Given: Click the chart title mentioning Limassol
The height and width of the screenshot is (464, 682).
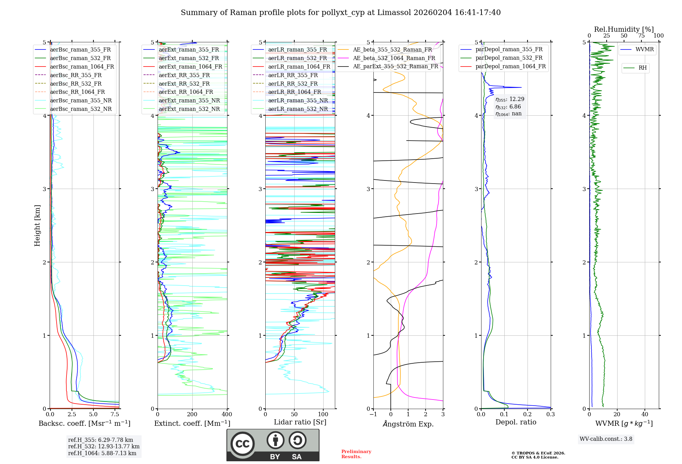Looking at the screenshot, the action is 341,13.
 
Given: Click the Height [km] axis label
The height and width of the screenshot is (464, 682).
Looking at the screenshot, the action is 37,226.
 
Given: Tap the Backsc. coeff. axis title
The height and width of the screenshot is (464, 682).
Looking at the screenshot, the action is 85,423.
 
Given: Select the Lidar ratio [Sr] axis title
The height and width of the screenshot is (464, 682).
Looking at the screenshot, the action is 300,422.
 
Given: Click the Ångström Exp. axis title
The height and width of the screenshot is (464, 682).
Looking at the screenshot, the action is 408,424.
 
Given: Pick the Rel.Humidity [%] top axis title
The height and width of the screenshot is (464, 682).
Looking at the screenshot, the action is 624,29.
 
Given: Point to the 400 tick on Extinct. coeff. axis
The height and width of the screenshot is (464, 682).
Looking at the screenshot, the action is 227,414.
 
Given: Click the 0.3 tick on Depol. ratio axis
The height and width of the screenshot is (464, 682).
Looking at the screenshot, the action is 551,414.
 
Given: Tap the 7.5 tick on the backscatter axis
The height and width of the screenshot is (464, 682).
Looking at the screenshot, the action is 115,414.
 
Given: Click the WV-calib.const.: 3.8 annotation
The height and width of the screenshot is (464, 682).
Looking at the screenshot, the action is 606,439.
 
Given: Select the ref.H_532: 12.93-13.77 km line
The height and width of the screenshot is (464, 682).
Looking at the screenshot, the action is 104,446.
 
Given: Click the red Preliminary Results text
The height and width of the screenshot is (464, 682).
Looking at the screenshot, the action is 356,454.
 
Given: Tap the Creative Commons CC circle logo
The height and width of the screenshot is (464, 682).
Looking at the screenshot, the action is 242,444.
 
